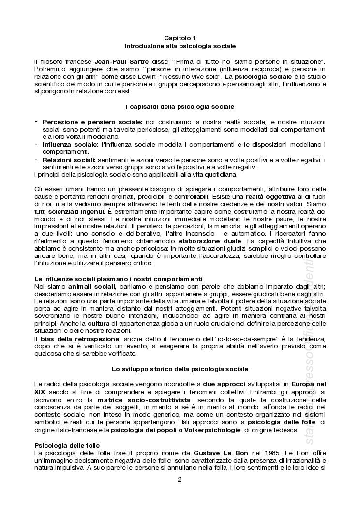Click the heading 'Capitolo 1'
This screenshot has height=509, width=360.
(x=180, y=38)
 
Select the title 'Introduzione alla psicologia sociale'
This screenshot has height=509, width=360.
(x=180, y=46)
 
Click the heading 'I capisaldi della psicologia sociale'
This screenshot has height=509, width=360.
(x=180, y=106)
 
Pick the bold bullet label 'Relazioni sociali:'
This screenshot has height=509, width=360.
(x=69, y=160)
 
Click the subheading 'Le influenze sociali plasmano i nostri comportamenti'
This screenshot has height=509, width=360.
(x=111, y=279)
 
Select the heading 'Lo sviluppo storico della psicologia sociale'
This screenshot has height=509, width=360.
(x=180, y=369)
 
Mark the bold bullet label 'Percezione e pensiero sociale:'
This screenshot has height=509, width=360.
(x=92, y=122)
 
